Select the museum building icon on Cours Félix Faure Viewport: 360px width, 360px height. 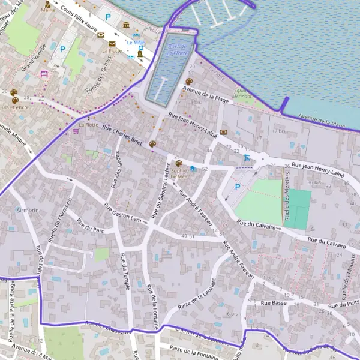[126, 25]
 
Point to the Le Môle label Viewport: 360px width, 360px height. [135, 43]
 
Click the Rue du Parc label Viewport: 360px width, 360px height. [88, 225]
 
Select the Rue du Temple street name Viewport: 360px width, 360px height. [125, 271]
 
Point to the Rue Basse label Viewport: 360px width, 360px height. [272, 303]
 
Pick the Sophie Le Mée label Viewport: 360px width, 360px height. [179, 173]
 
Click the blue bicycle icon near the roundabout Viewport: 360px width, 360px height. [247, 158]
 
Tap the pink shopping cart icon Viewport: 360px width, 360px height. [76, 131]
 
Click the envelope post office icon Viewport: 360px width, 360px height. [112, 43]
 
